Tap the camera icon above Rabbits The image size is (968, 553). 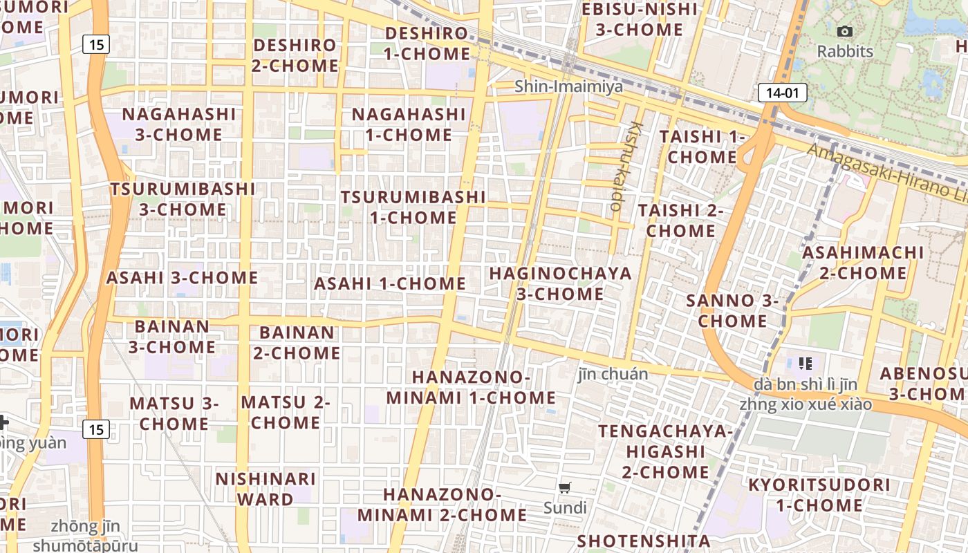[844, 31]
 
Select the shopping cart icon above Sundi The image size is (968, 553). [565, 487]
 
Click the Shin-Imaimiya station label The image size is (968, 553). [568, 86]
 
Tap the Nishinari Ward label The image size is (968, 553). [266, 488]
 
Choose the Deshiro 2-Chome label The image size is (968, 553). [295, 55]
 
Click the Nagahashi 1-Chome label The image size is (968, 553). [409, 124]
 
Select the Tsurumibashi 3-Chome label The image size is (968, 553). [183, 198]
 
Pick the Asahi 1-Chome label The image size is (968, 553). [390, 283]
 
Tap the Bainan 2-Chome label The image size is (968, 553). [297, 342]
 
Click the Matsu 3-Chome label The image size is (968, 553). [174, 413]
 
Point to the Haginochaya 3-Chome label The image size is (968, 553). [560, 283]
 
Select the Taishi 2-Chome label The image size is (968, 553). [680, 220]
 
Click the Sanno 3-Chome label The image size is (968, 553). [732, 310]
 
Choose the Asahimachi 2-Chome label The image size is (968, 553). [863, 263]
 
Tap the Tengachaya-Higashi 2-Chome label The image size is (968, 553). [665, 451]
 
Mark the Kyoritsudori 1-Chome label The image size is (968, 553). [819, 494]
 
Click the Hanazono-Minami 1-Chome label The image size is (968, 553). [471, 387]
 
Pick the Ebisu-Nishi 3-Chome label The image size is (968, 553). [640, 19]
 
